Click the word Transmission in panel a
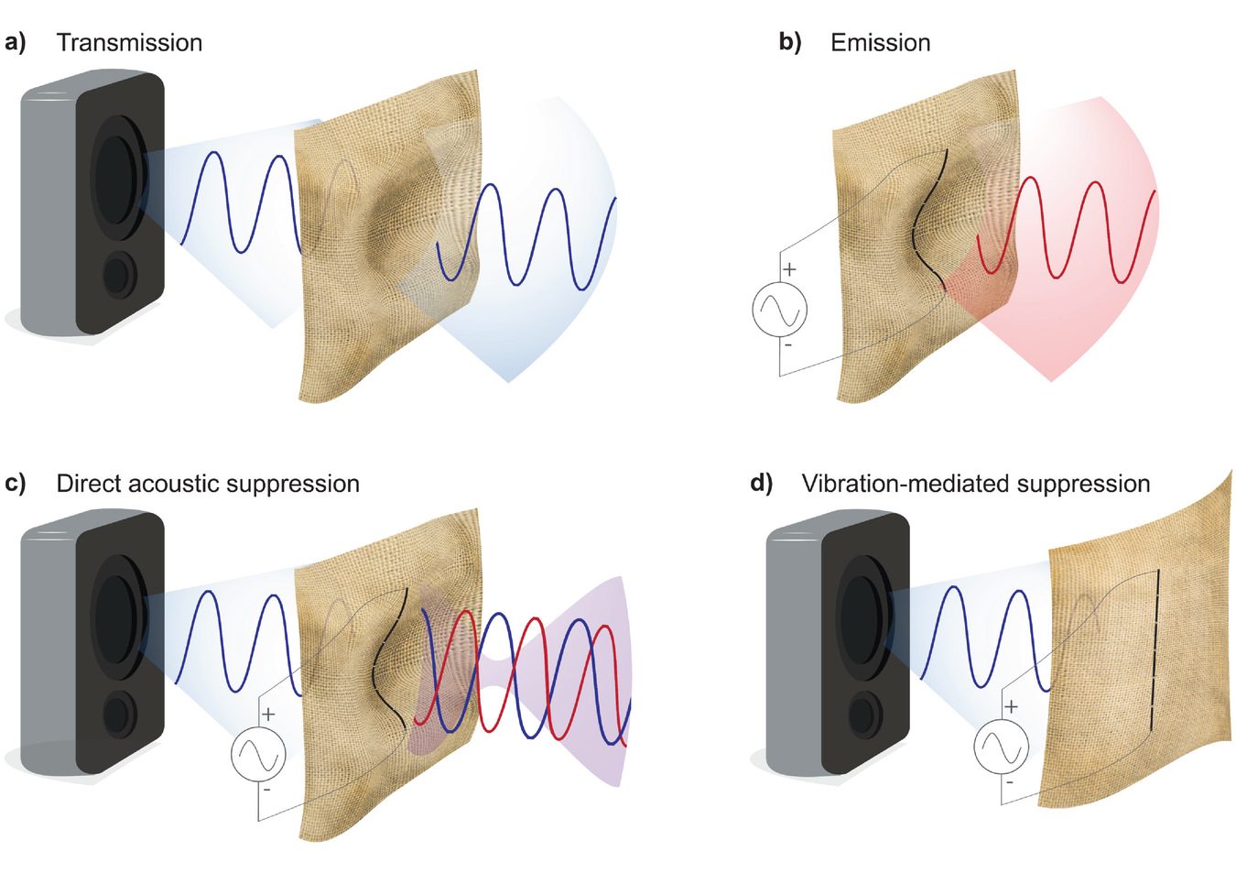(x=129, y=43)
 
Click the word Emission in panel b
(x=880, y=43)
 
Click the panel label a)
(x=16, y=42)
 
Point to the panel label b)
(x=789, y=42)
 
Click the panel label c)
(x=16, y=483)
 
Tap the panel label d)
(x=762, y=483)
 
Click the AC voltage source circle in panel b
(x=780, y=310)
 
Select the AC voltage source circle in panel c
(x=258, y=754)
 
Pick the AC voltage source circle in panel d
(x=1001, y=747)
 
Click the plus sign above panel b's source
(x=789, y=269)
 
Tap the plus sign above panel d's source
(x=1011, y=706)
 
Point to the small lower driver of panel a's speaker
(x=119, y=275)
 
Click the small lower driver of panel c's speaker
(x=119, y=715)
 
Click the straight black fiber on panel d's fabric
(x=1155, y=650)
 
